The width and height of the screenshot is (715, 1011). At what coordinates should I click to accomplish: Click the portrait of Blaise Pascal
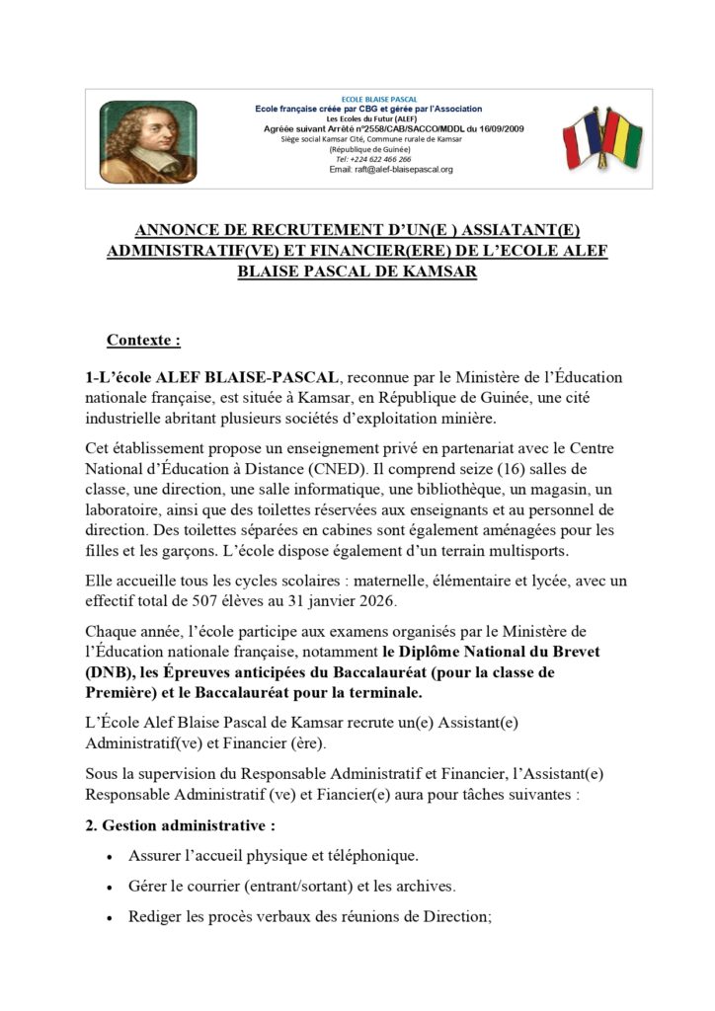click(134, 140)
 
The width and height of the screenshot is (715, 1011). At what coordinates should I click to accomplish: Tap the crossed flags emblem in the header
click(601, 139)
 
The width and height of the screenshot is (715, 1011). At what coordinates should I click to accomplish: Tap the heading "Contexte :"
click(144, 341)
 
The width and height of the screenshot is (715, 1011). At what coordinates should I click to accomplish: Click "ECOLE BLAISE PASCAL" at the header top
click(378, 100)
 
